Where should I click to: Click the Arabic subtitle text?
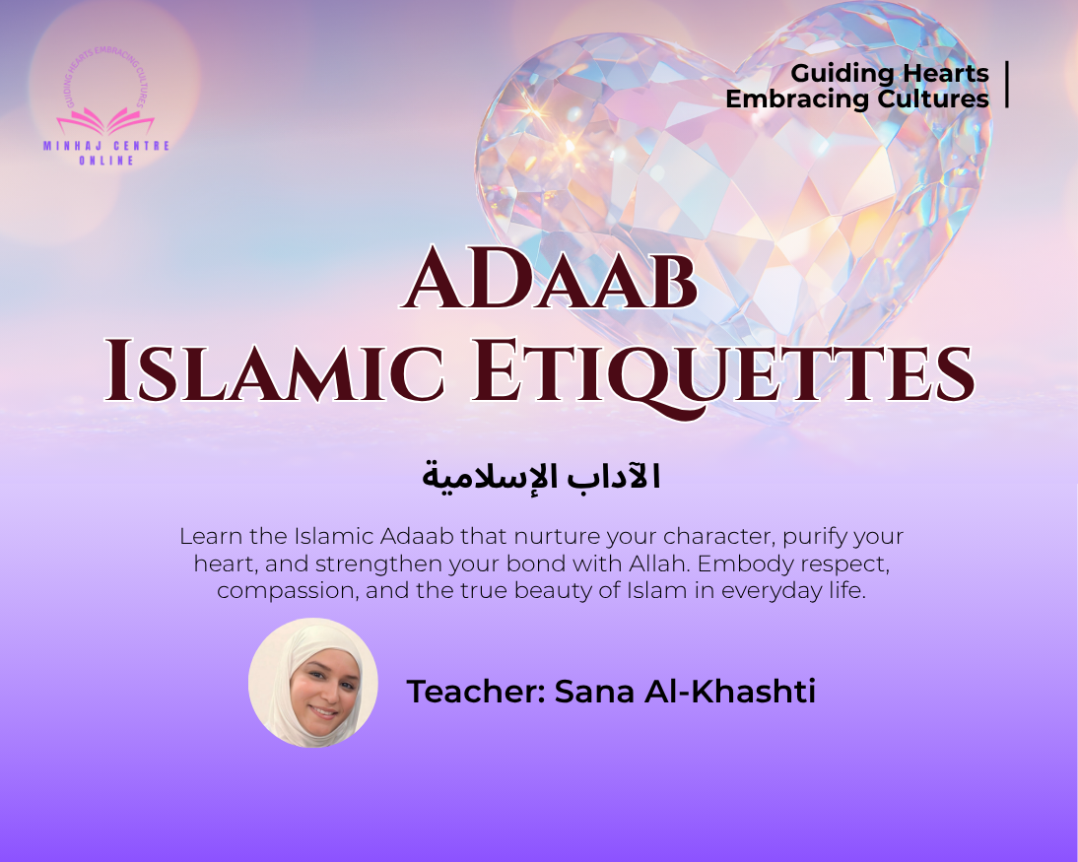pos(541,477)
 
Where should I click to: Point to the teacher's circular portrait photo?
pos(313,682)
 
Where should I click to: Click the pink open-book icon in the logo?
pos(105,121)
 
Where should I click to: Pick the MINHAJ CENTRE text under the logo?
pos(105,146)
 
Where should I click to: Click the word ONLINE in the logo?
pos(105,161)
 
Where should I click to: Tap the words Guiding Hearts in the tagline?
pos(889,73)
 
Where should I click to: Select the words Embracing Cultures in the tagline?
pos(856,99)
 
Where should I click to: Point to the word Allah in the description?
pos(677,564)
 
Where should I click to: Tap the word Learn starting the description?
pos(206,538)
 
